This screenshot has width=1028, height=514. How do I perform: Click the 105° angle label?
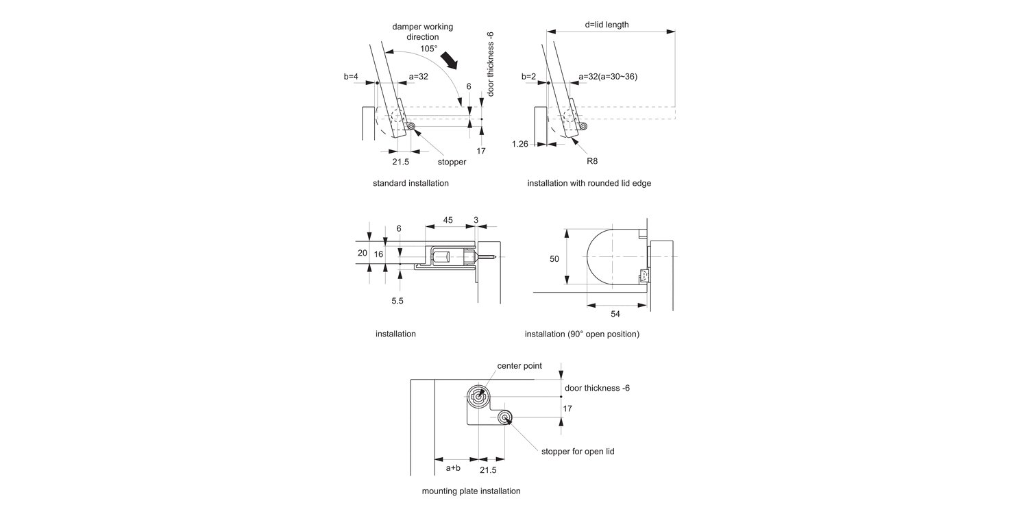pos(428,49)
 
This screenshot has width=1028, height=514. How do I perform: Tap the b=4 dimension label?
pos(351,77)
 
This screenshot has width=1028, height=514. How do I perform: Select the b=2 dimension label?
pos(528,77)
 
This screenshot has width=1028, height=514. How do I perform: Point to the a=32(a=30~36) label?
pos(608,77)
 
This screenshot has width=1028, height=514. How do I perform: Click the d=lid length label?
pos(607,25)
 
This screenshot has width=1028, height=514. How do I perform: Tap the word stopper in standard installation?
pos(452,162)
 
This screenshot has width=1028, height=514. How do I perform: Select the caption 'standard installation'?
pos(411,184)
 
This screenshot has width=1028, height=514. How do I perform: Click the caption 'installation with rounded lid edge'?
pos(589,184)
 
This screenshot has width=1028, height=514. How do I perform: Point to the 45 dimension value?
pos(448,220)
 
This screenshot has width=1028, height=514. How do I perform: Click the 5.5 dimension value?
pos(397,300)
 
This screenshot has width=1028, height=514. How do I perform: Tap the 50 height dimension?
pos(554,258)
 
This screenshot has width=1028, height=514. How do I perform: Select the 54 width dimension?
pos(615,313)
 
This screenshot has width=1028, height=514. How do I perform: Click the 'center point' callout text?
pos(519,366)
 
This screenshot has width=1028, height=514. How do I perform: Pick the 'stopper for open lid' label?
pos(577,451)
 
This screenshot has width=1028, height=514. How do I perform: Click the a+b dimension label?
pos(453,468)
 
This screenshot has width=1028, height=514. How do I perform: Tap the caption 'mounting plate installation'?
pos(471,491)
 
